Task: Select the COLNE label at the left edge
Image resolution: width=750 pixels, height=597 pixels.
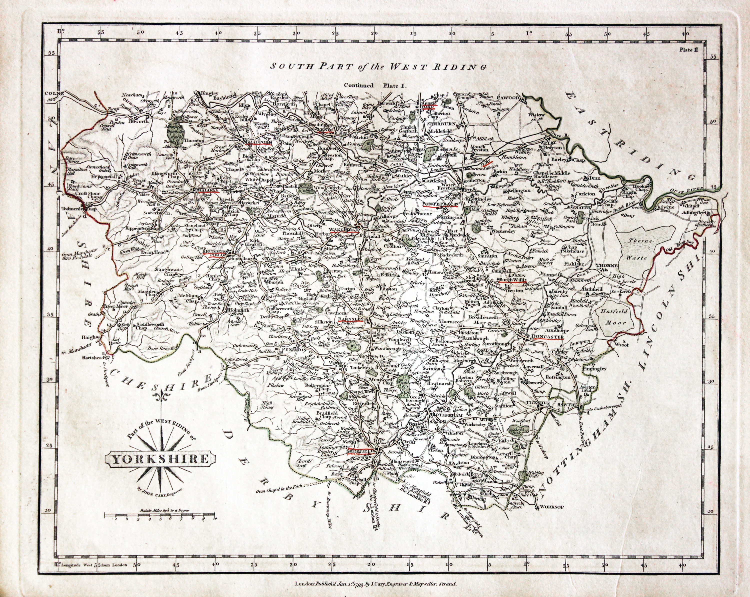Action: (x=54, y=93)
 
